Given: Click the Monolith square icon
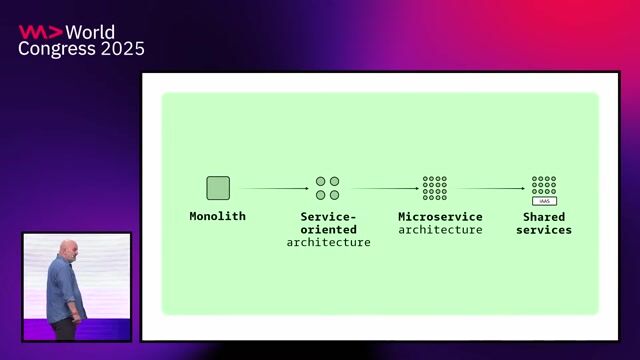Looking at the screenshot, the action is [218, 188].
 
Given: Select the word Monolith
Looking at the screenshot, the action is [218, 216].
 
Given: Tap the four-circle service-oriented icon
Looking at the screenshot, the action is [328, 188].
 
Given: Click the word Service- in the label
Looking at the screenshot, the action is [328, 217].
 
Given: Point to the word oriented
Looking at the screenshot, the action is [328, 230].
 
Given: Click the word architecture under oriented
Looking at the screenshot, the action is [328, 243].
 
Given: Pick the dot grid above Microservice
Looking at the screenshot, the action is [435, 187].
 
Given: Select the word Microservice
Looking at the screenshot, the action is [440, 217].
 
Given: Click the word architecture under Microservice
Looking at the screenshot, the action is [440, 230].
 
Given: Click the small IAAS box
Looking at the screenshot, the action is [544, 201].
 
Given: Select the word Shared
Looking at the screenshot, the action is [544, 217].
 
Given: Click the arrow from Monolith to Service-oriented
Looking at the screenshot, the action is [274, 188].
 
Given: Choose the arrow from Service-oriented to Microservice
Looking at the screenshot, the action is [384, 188].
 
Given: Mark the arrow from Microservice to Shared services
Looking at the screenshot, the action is [492, 188].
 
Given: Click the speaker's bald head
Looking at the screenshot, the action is [64, 247].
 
